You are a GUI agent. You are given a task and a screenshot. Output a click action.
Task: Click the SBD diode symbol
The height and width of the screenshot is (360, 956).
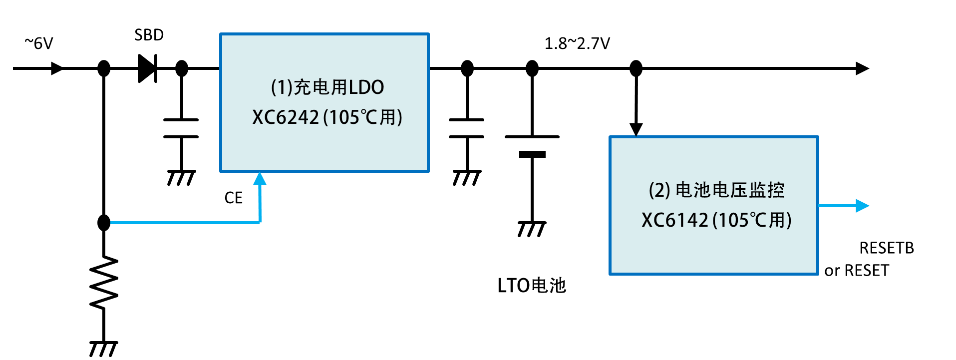point(148,68)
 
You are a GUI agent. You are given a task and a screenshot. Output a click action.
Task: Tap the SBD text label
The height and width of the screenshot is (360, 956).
point(149,35)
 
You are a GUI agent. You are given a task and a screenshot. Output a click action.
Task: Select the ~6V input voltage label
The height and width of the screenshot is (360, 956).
point(39,43)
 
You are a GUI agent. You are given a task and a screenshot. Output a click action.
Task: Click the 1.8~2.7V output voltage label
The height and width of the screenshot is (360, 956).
point(577,43)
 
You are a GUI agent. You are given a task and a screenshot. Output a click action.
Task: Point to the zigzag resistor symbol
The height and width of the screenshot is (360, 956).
point(104,283)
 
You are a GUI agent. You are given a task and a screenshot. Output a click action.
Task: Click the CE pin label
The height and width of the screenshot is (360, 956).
point(234,198)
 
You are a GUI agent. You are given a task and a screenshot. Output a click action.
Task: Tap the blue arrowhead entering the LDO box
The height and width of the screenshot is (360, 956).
point(260,179)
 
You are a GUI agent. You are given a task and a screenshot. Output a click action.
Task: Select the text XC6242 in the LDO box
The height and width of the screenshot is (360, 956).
point(286,117)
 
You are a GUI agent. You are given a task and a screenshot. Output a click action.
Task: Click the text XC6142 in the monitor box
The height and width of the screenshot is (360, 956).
point(675,220)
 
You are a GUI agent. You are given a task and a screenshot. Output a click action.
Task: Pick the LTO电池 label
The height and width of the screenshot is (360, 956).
point(532,286)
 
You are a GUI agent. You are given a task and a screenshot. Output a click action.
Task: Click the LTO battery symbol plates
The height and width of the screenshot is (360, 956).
point(532,145)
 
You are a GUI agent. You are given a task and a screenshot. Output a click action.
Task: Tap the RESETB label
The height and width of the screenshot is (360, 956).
point(887,248)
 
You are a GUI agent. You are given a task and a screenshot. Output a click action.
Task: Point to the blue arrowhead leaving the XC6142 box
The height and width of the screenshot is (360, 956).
point(863,206)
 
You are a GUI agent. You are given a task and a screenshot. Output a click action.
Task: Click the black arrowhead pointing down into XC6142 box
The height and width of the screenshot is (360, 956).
point(636,130)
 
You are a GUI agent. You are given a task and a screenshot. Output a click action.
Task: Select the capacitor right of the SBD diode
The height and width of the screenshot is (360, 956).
point(181,128)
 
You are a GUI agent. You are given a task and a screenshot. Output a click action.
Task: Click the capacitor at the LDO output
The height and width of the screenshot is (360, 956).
point(467,128)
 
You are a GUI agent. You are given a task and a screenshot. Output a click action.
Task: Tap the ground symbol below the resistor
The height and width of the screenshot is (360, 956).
point(104,349)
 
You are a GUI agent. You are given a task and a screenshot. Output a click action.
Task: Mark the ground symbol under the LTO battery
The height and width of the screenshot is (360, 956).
point(532,229)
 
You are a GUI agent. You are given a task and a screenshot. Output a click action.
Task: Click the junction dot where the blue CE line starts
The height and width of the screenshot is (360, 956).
point(104,222)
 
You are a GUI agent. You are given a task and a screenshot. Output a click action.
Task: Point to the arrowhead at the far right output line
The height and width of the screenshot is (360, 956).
point(863,68)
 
